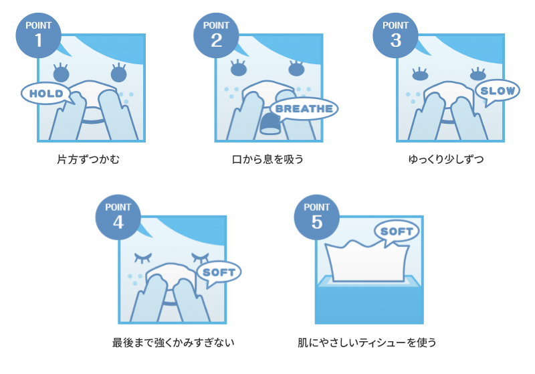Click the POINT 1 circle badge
(x=37, y=35)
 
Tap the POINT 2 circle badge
(x=215, y=35)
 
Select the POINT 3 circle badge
(x=395, y=35)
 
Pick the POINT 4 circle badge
(x=118, y=217)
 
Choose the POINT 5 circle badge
(x=316, y=217)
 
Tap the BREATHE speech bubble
(x=304, y=108)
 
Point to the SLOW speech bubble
(x=497, y=91)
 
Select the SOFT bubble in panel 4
(x=219, y=272)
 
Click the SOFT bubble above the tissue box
(x=397, y=231)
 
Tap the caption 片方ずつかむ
(x=88, y=160)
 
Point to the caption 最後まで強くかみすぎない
(x=173, y=343)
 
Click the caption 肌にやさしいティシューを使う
(x=367, y=343)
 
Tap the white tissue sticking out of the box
(x=366, y=262)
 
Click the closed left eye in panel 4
(x=143, y=258)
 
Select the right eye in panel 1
(x=118, y=72)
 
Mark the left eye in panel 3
(x=419, y=74)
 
